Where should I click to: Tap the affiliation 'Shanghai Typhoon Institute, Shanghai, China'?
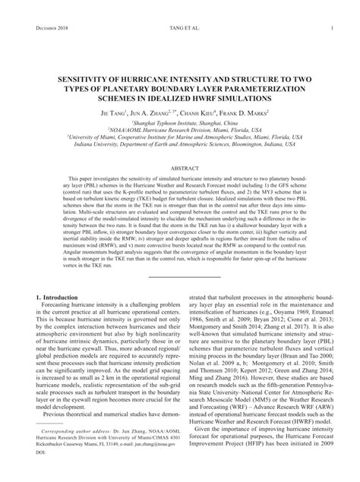pyautogui.click(x=179, y=122)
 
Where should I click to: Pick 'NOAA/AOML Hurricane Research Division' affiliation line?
pyautogui.click(x=179, y=129)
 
